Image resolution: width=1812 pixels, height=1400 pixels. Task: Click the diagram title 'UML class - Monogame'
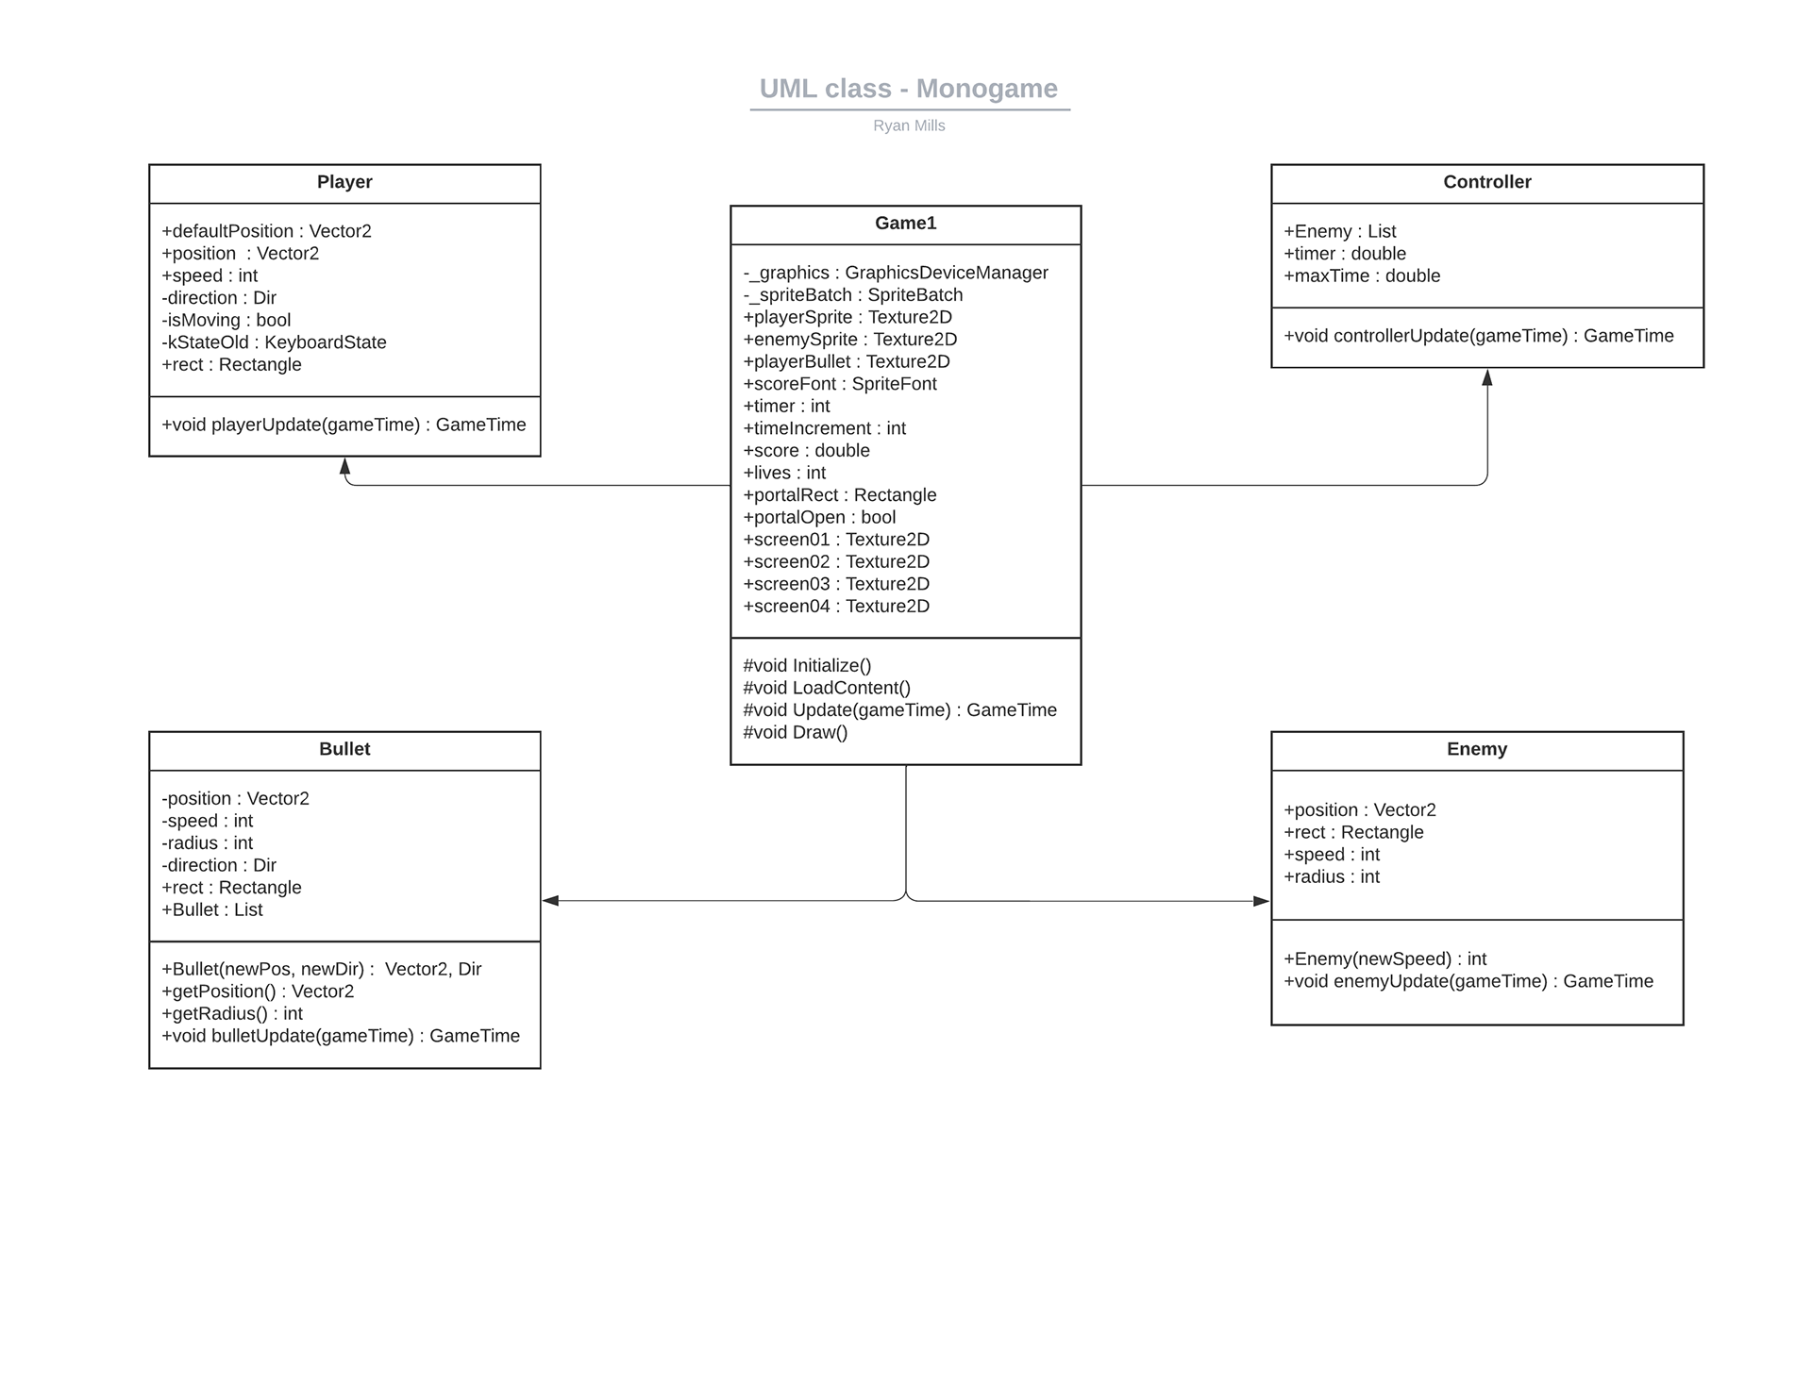(x=909, y=89)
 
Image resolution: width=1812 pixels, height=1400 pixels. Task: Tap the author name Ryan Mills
(x=909, y=125)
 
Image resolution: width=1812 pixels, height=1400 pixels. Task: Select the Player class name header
(x=344, y=182)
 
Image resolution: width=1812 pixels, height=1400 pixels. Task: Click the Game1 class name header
(x=906, y=224)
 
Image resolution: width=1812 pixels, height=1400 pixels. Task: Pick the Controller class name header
(x=1487, y=182)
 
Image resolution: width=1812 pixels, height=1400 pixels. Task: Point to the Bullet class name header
(x=344, y=749)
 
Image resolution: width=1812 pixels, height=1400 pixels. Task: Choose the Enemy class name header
(x=1477, y=749)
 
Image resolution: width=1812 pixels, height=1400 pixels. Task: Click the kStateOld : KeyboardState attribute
(x=274, y=342)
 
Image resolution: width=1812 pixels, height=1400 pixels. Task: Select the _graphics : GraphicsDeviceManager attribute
(x=896, y=273)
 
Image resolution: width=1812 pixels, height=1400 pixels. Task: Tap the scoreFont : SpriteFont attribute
(x=840, y=384)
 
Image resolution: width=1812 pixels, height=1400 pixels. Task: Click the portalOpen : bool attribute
(x=819, y=518)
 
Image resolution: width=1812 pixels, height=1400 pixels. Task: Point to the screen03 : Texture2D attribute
(x=836, y=584)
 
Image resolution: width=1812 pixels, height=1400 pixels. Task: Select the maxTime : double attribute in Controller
(x=1362, y=276)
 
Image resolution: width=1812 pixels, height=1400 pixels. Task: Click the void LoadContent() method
(x=827, y=688)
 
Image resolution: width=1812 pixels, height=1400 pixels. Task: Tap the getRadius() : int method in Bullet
(x=232, y=1014)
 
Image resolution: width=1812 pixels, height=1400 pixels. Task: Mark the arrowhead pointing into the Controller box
(x=1487, y=377)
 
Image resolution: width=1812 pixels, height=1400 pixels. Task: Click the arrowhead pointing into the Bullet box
(x=551, y=901)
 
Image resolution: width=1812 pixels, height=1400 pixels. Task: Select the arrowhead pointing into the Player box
(x=345, y=466)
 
